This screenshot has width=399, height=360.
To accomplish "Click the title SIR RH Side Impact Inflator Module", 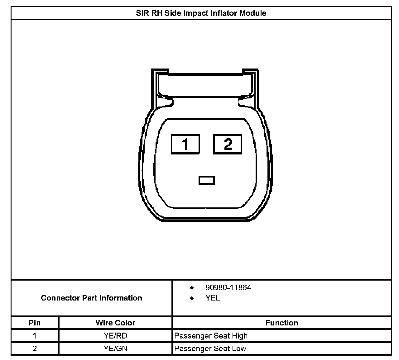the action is pyautogui.click(x=201, y=13).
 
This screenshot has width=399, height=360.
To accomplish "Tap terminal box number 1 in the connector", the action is pyautogui.click(x=185, y=144).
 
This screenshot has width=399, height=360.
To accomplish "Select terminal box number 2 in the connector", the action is pyautogui.click(x=228, y=144).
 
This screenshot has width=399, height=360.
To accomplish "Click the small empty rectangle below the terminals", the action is pyautogui.click(x=206, y=180).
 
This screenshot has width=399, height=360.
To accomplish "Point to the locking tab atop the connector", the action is pyautogui.click(x=205, y=84).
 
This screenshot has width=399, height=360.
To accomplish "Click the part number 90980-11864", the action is pyautogui.click(x=228, y=287).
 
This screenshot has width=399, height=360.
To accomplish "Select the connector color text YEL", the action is pyautogui.click(x=213, y=298).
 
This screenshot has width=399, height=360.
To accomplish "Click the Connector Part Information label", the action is pyautogui.click(x=91, y=298).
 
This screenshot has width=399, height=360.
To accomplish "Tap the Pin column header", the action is pyautogui.click(x=35, y=323).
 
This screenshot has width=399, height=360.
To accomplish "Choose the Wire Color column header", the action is pyautogui.click(x=115, y=323).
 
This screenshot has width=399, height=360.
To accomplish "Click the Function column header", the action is pyautogui.click(x=282, y=323).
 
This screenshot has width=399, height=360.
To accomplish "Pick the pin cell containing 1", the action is pyautogui.click(x=35, y=336).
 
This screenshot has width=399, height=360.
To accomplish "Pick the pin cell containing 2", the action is pyautogui.click(x=35, y=348).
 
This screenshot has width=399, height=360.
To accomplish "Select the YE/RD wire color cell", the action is pyautogui.click(x=115, y=336).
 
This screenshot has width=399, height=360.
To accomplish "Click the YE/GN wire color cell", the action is pyautogui.click(x=115, y=348).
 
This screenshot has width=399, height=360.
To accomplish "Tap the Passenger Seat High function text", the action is pyautogui.click(x=211, y=336).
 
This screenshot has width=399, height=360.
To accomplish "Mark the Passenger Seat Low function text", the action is pyautogui.click(x=210, y=348).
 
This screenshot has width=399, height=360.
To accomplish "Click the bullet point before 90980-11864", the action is pyautogui.click(x=192, y=288).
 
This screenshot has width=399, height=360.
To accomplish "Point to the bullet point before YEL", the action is pyautogui.click(x=192, y=298).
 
